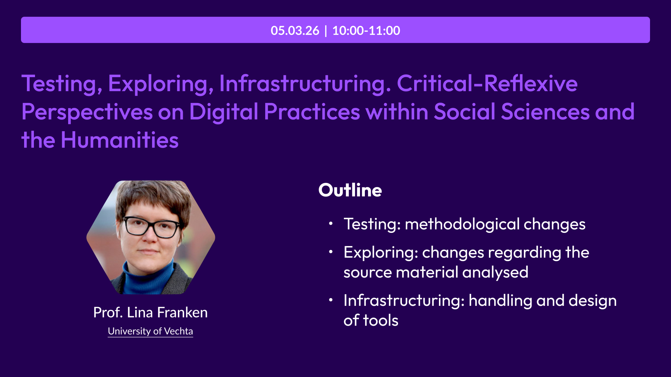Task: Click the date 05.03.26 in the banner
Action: click(x=295, y=30)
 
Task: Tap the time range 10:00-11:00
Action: click(x=366, y=30)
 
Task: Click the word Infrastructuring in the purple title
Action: click(x=305, y=84)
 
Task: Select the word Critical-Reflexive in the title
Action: click(x=487, y=83)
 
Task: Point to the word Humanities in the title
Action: click(x=120, y=140)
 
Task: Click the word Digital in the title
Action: click(x=224, y=112)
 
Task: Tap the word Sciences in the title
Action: click(x=546, y=112)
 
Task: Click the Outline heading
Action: click(x=350, y=190)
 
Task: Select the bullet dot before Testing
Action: click(x=331, y=223)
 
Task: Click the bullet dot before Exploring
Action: click(x=331, y=252)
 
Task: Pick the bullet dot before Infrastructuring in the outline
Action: click(x=331, y=300)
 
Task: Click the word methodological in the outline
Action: click(x=462, y=224)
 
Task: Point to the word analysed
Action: click(x=495, y=272)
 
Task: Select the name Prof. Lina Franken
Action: click(x=150, y=312)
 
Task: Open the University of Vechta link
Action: click(x=150, y=331)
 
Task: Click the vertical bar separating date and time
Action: click(x=326, y=30)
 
